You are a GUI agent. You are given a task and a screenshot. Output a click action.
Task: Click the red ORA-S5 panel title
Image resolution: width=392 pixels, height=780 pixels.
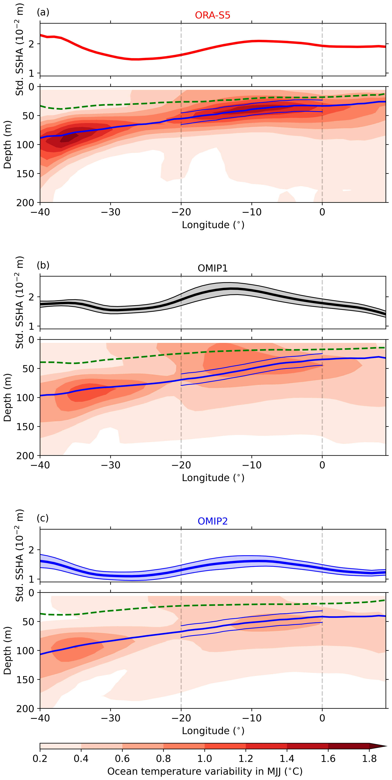[213, 15]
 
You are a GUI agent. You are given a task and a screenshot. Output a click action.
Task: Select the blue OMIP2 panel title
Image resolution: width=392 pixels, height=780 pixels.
[213, 521]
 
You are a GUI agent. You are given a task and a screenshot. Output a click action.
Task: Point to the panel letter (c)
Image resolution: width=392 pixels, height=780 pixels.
[42, 518]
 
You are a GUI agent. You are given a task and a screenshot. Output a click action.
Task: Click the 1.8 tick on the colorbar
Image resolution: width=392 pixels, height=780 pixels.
[369, 759]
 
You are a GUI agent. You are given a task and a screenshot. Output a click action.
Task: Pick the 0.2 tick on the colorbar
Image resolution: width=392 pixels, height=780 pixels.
[40, 759]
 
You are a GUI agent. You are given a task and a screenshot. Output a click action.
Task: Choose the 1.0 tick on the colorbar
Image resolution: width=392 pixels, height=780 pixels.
[205, 759]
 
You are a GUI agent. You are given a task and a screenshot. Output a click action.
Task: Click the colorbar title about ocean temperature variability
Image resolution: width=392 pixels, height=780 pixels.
[205, 771]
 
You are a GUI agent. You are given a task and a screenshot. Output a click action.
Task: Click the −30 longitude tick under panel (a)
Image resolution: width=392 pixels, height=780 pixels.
[110, 212]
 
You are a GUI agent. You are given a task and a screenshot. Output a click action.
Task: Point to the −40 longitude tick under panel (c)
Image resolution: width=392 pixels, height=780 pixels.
[40, 718]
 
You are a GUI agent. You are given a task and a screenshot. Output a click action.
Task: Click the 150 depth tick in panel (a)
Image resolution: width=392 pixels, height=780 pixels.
[26, 174]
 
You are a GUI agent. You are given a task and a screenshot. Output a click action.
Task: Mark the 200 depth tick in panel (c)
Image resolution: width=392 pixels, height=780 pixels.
[26, 709]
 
